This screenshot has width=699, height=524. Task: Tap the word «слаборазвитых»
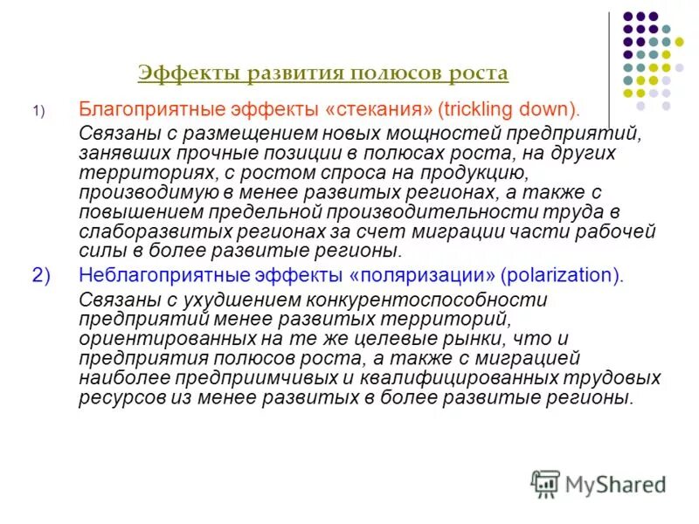[x=139, y=232]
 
